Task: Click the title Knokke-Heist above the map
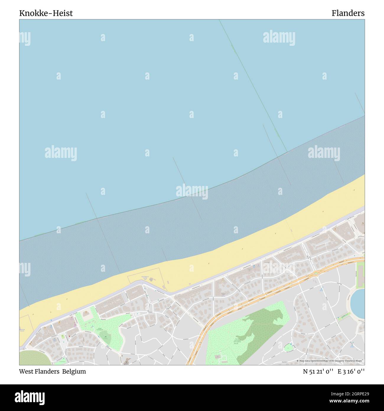coord(46,13)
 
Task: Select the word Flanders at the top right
coord(348,13)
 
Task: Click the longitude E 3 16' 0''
coord(351,371)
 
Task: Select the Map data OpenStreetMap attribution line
coord(330,361)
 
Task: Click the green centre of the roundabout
coord(316,273)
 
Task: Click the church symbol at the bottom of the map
coord(127,360)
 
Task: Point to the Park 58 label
coord(237,340)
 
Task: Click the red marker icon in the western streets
coord(69,336)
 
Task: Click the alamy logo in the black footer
coord(30,397)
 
